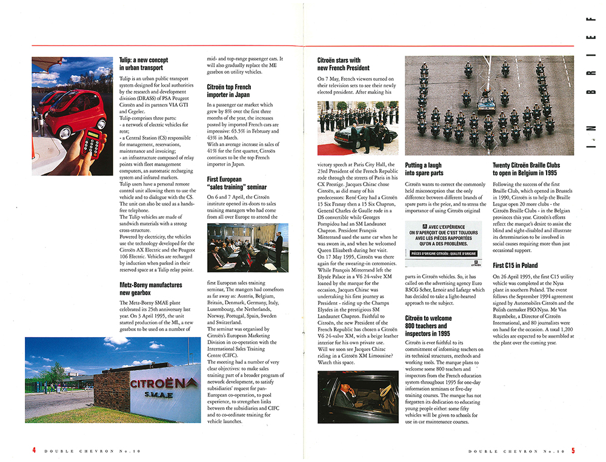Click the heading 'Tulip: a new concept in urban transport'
[144, 64]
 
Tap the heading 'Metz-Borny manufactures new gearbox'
[151, 288]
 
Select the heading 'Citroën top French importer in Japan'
[229, 91]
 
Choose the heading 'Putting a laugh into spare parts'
[424, 169]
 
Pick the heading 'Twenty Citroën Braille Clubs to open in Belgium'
[526, 169]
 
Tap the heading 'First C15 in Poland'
[516, 266]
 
